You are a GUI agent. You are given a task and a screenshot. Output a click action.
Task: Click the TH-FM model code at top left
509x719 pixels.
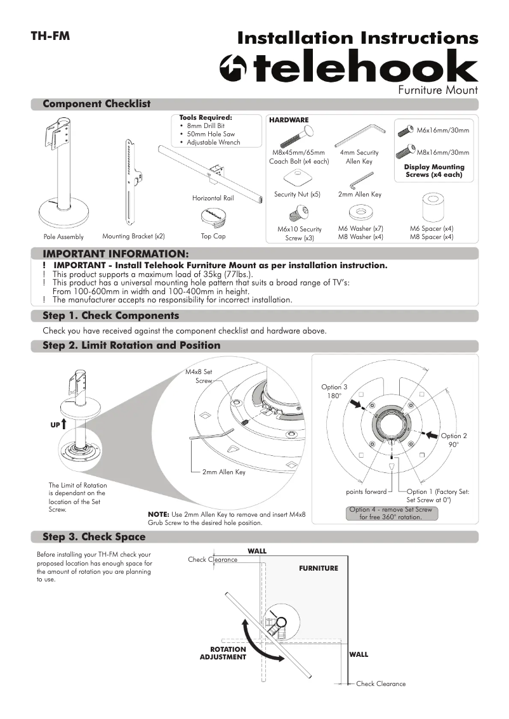point(50,36)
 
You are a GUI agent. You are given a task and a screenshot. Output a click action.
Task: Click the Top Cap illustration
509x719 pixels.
point(214,216)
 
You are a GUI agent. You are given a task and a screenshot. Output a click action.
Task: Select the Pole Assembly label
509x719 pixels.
point(63,236)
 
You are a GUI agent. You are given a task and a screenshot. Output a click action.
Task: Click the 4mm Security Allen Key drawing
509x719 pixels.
point(360,134)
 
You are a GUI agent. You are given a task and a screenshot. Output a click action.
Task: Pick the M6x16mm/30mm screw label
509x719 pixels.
point(442,131)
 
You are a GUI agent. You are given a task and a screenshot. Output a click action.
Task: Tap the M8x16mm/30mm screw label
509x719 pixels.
point(442,152)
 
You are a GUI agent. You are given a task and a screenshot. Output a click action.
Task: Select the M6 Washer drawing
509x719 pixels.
point(360,212)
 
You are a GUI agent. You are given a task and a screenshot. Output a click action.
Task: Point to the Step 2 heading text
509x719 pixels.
point(131,346)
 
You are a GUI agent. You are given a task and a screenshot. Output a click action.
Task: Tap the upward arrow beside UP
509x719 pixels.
point(65,424)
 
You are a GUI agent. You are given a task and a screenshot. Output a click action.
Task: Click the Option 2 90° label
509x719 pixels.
point(453,440)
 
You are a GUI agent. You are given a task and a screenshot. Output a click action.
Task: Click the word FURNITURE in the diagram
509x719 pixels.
point(319,568)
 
